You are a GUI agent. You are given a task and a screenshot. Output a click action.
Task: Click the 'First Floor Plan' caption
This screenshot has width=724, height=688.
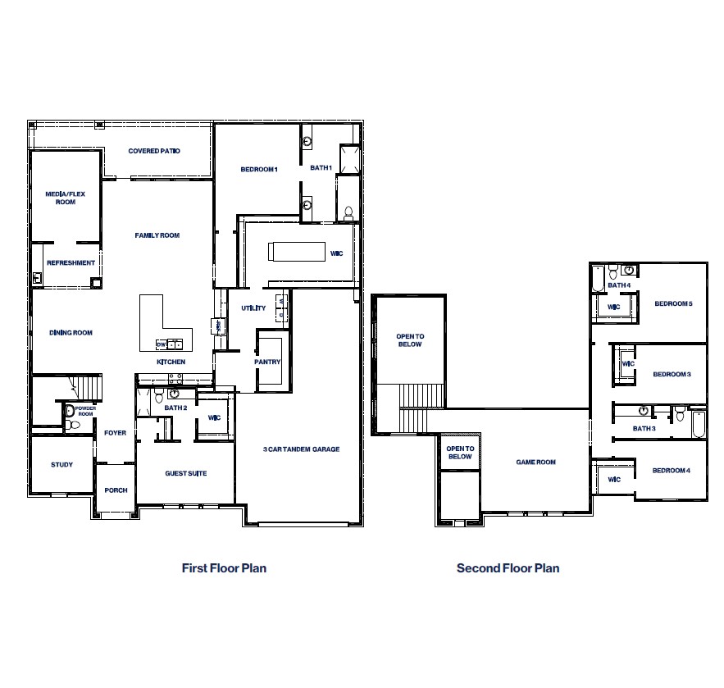point(224,567)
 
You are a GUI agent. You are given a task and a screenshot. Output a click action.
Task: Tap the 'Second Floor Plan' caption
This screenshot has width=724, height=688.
point(508,567)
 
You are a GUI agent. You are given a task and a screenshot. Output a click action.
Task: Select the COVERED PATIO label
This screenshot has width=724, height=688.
point(154,151)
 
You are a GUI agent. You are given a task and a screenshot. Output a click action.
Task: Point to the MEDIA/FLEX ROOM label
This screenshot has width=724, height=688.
point(66,197)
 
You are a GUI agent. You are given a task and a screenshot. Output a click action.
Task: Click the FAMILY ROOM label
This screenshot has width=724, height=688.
point(157,235)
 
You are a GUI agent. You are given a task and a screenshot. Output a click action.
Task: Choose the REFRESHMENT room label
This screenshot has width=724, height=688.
point(71,263)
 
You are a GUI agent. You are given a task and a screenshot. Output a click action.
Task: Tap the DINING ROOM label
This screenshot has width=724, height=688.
point(71,333)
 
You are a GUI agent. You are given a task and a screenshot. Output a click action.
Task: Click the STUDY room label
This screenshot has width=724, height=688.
point(61,465)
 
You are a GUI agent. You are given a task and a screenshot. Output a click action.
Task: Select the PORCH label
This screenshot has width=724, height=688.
point(116,490)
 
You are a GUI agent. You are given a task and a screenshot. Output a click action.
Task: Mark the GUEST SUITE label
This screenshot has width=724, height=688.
point(186,473)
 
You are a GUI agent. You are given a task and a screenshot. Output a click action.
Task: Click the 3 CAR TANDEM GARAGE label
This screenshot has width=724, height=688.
point(301,449)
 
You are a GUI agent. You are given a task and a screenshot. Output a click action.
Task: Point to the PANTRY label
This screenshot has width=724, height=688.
point(267,362)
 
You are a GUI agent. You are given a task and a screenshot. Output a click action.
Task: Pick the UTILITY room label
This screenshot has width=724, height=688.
point(253,308)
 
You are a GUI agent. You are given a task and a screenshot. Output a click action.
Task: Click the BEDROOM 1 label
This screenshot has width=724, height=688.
point(259,169)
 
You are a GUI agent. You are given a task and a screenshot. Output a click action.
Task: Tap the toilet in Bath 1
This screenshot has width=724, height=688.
point(348,212)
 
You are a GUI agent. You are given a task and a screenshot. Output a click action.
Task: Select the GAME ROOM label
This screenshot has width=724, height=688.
point(535,462)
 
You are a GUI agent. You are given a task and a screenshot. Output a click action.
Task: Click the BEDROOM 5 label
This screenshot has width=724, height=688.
point(673,304)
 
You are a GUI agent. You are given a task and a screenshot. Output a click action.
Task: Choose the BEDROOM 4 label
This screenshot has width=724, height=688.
point(671,471)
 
